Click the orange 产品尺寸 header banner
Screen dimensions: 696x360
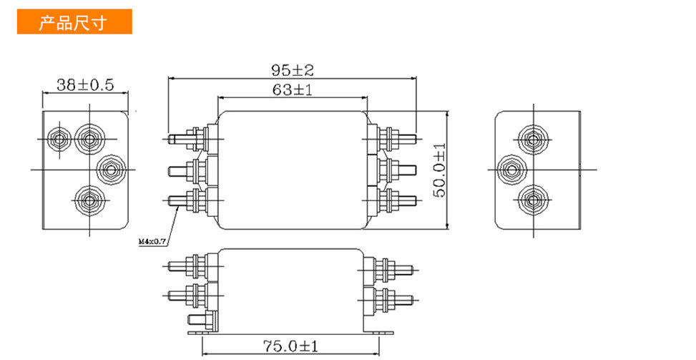click(74, 21)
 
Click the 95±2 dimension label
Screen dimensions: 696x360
click(293, 70)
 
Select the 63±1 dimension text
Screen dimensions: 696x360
click(293, 90)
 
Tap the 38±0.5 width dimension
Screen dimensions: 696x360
click(85, 84)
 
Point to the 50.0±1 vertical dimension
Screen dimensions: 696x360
click(439, 170)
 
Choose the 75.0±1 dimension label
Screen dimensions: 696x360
click(290, 346)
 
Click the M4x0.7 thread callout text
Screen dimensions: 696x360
click(152, 242)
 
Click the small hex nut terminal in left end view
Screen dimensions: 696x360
click(59, 140)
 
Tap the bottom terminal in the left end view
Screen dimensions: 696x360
click(89, 200)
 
